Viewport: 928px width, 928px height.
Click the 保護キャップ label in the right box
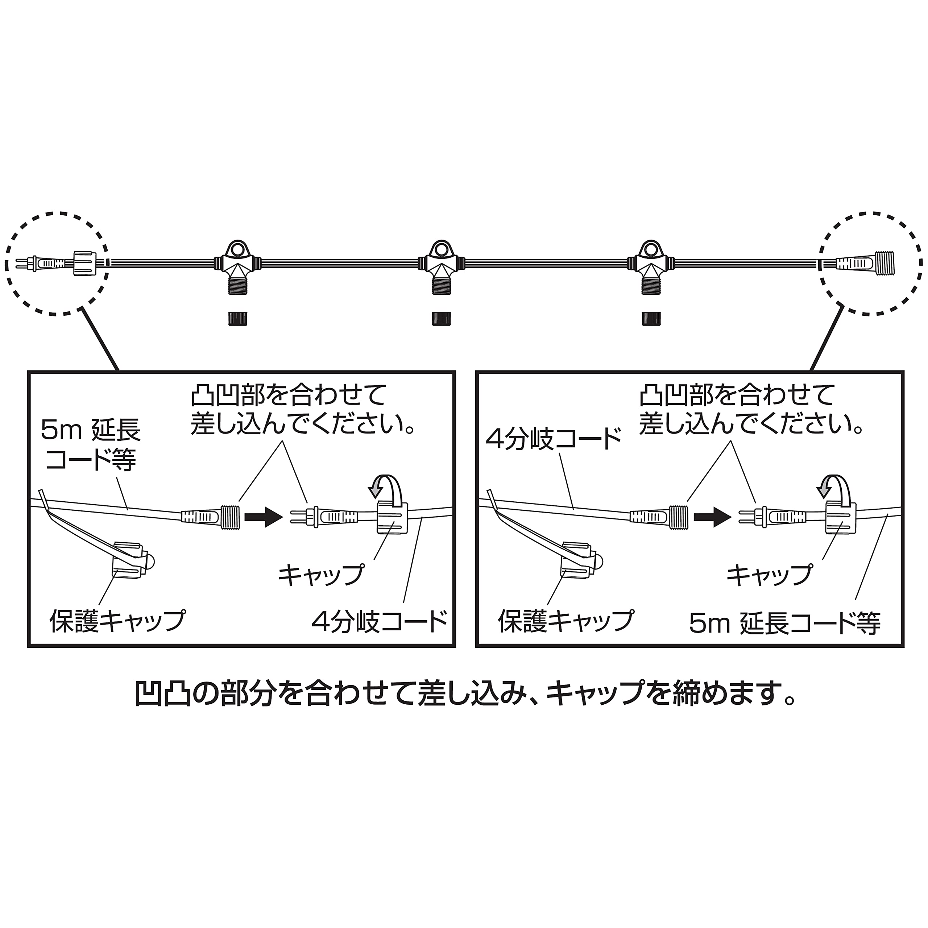[x=566, y=621]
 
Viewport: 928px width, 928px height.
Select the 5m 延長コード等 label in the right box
[x=785, y=623]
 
